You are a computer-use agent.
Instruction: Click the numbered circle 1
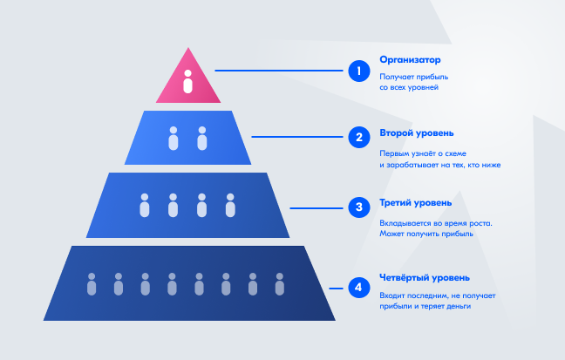[x=359, y=71]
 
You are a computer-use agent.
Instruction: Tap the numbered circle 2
[x=359, y=138]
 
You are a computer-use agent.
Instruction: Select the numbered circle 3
[x=359, y=207]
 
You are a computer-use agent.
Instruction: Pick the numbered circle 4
[x=359, y=288]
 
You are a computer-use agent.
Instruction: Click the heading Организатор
[x=410, y=60]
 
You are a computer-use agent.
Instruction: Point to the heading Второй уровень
[x=417, y=133]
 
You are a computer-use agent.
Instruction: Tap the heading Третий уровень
[x=415, y=203]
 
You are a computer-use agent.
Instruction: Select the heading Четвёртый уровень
[x=425, y=278]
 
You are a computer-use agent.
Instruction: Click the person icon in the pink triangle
[x=187, y=82]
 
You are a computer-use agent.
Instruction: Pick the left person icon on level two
[x=174, y=139]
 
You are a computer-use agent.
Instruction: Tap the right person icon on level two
[x=202, y=139]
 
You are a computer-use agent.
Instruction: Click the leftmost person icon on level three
[x=145, y=206]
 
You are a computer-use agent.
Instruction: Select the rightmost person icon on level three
[x=230, y=206]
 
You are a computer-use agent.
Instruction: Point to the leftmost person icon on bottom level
[x=92, y=284]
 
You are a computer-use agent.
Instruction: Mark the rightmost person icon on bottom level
[x=280, y=284]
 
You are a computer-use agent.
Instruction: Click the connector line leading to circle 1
[x=279, y=71]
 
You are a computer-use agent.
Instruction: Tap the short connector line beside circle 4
[x=336, y=289]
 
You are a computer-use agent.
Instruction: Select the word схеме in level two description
[x=455, y=154]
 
